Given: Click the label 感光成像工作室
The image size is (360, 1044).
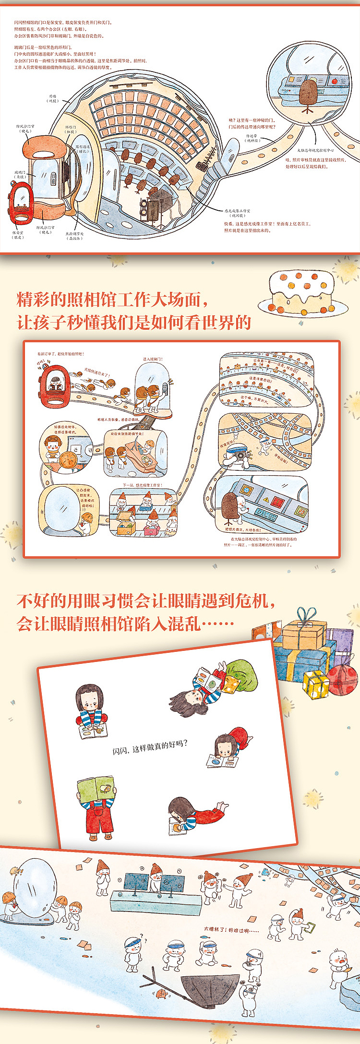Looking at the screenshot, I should pos(238,211).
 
